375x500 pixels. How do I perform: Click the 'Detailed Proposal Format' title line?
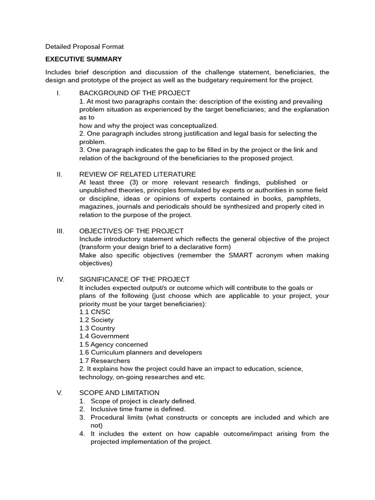pos(84,47)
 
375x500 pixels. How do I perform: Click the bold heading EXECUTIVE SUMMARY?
pos(83,59)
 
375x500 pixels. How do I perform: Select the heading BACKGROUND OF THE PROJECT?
pos(135,93)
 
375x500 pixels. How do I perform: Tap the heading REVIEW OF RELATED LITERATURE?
pos(138,174)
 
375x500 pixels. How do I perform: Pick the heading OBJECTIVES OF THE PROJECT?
pos(131,231)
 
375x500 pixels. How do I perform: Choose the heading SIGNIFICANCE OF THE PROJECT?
pos(134,279)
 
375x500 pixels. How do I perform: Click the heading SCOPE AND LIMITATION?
pos(119,393)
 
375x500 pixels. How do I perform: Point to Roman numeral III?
pos(60,231)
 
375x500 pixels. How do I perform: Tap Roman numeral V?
pos(59,393)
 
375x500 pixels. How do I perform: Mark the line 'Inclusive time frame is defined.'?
pos(138,409)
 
